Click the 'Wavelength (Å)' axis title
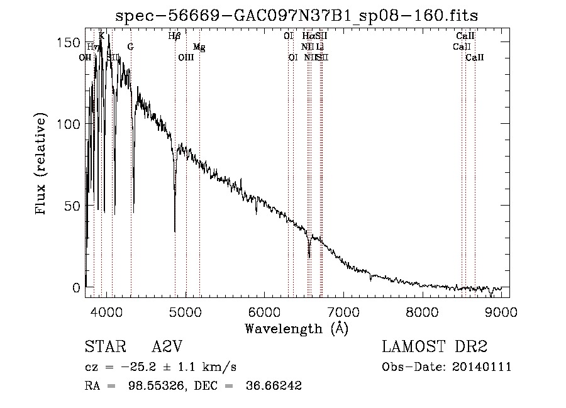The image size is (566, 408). point(296,328)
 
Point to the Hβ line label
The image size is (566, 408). point(175,36)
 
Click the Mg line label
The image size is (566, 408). point(199,47)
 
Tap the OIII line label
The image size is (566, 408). point(186,57)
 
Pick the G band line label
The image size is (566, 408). point(130,47)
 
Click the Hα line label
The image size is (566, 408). point(308,36)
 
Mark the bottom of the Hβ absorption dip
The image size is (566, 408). point(175,231)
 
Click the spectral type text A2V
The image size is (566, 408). point(167,347)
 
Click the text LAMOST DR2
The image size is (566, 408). point(435,347)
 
